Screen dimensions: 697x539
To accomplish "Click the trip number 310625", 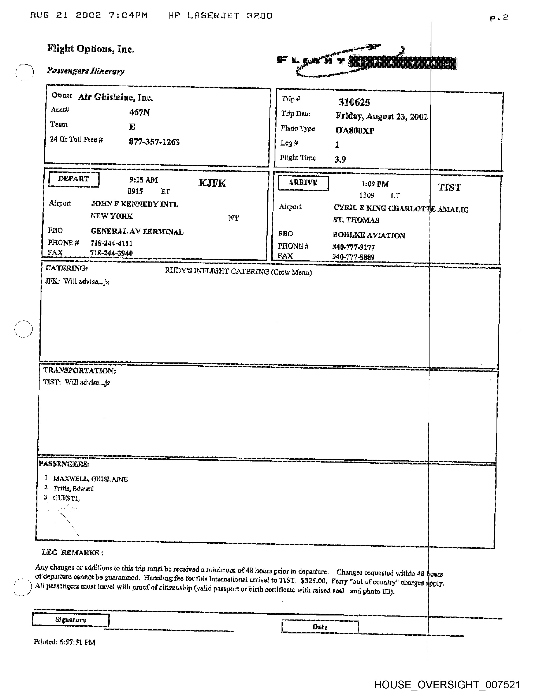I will (x=354, y=102).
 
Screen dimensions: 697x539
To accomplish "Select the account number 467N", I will (x=139, y=112).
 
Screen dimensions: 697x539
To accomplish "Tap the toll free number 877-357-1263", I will (x=154, y=142).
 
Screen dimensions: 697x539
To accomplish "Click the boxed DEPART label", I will (x=74, y=179).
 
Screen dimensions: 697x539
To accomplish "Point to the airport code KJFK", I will (x=212, y=183).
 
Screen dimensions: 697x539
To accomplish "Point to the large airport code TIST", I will (x=449, y=187).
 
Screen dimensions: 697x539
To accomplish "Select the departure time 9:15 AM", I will (x=144, y=180).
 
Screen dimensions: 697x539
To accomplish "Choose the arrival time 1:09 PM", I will (x=375, y=184).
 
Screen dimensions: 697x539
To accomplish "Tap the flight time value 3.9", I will (x=340, y=159).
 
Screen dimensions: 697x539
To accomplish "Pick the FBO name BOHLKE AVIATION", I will (x=369, y=236).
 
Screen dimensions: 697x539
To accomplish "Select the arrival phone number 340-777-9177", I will (x=353, y=247).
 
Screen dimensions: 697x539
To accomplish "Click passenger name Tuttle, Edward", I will (x=73, y=489).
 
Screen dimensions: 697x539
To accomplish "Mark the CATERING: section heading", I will (x=66, y=268).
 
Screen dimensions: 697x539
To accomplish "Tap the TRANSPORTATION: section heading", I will (x=79, y=370).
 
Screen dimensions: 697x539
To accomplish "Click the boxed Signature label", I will (x=71, y=620).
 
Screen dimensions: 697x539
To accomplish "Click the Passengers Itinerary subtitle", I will (x=86, y=71).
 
